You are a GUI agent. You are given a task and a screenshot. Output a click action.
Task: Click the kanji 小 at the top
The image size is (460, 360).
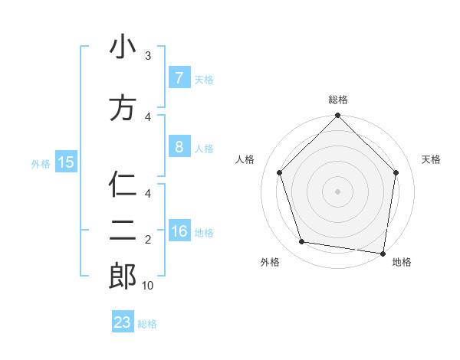pos(122,47)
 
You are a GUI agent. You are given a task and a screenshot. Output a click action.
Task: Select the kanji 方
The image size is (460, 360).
pos(122,107)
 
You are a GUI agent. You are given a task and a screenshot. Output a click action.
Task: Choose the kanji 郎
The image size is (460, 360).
pos(122,276)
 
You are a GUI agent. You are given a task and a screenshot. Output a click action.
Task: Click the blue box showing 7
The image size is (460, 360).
pos(178,78)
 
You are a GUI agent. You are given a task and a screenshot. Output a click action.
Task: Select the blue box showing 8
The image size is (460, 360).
pos(178,147)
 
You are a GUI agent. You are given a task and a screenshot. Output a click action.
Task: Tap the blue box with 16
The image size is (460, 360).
pos(179,232)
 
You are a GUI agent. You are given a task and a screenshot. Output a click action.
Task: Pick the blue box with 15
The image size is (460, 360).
pos(65,162)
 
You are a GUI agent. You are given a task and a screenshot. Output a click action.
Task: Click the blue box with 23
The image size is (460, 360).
pos(122,322)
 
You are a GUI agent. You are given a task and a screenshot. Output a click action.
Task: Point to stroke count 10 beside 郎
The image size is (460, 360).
pos(148,286)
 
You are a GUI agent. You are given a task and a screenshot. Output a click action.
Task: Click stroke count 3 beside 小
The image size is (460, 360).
pos(148,56)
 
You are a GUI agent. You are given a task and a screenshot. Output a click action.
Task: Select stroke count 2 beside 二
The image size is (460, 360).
pos(148,240)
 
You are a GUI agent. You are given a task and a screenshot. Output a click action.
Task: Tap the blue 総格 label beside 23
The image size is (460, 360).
pos(147,324)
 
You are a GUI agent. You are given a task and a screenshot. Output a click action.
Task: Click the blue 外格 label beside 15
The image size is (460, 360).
pos(41,163)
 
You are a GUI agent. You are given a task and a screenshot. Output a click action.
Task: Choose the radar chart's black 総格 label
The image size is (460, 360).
pos(338,100)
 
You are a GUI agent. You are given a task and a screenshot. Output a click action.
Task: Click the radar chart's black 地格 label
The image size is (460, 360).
pos(402,262)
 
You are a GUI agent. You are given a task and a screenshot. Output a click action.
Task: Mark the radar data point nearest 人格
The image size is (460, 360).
pos(279,172)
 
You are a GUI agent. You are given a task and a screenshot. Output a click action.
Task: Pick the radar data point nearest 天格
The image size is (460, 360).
pos(396,172)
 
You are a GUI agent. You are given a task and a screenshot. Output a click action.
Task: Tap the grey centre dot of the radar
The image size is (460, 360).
pos(337,191)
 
